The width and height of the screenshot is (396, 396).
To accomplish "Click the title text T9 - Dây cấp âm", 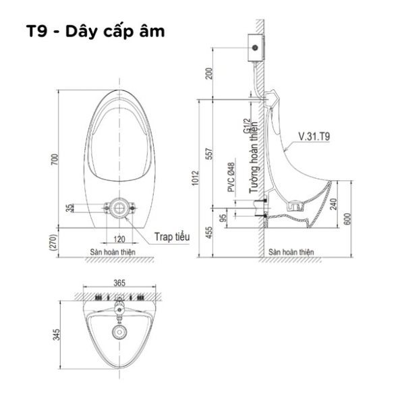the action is pyautogui.click(x=96, y=32).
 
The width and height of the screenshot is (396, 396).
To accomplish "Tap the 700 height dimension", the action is pyautogui.click(x=54, y=160).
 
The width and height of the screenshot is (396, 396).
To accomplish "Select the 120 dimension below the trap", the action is pyautogui.click(x=119, y=239).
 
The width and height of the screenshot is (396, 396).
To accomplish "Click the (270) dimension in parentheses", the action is pyautogui.click(x=53, y=243).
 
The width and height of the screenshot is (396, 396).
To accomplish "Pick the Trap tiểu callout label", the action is pyautogui.click(x=172, y=237).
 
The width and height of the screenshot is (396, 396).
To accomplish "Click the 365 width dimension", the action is pyautogui.click(x=119, y=283).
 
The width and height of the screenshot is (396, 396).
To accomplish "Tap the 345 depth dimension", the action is pyautogui.click(x=56, y=335).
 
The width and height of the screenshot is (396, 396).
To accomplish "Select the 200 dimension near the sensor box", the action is pyautogui.click(x=209, y=74).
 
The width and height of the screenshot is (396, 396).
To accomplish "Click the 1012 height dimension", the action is pyautogui.click(x=196, y=178).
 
